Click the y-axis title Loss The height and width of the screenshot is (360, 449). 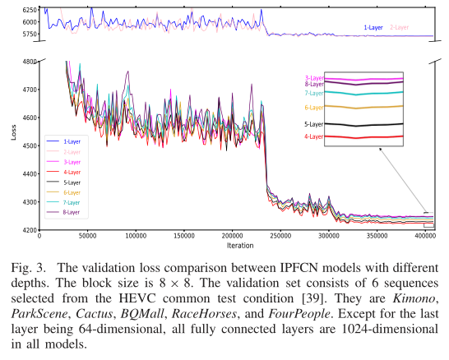pyautogui.click(x=13, y=132)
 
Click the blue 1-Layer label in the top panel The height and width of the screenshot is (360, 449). pyautogui.click(x=373, y=27)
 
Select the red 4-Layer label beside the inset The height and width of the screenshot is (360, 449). pyautogui.click(x=313, y=136)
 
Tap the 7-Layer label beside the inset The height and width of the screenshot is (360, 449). pyautogui.click(x=313, y=93)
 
